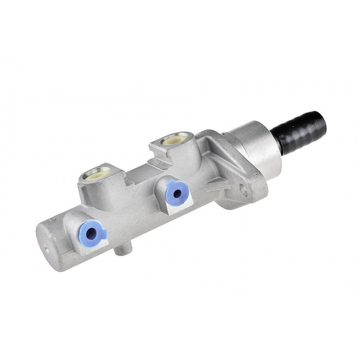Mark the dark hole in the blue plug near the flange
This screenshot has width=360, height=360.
[178, 194]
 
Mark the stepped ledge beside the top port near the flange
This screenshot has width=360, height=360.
[154, 152]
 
